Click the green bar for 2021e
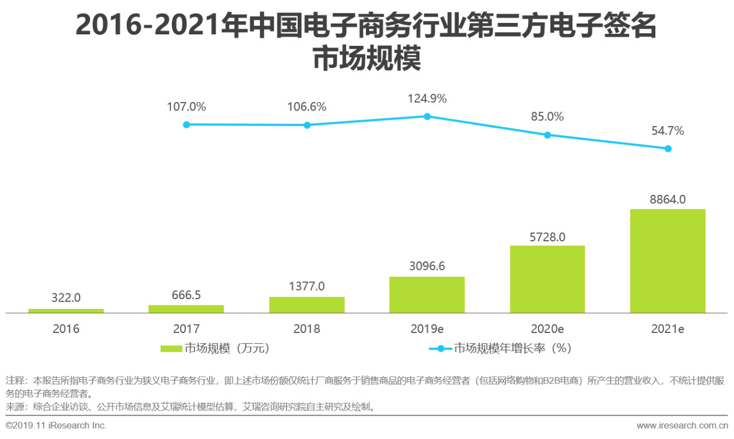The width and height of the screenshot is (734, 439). tap(667, 261)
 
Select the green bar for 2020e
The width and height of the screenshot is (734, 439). tap(547, 279)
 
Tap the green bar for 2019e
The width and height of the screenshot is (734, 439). tap(427, 295)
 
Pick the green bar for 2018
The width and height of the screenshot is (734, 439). tap(307, 305)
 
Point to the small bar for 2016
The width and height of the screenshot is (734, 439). tap(66, 311)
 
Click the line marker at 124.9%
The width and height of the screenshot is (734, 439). tap(427, 116)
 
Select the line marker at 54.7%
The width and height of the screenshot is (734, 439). tap(668, 148)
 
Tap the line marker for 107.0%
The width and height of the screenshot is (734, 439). tap(186, 124)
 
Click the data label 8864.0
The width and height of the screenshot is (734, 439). tap(667, 199)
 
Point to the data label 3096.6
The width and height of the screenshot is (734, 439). tap(427, 266)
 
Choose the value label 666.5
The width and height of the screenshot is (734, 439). tap(186, 295)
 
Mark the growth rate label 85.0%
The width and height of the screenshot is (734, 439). tap(547, 117)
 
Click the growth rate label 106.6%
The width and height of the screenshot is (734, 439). tap(307, 107)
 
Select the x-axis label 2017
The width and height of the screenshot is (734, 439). tap(186, 330)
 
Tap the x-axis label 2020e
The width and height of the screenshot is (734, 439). tap(547, 330)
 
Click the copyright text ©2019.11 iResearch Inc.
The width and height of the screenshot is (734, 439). tap(56, 425)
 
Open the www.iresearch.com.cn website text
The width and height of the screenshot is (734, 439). tap(682, 425)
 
